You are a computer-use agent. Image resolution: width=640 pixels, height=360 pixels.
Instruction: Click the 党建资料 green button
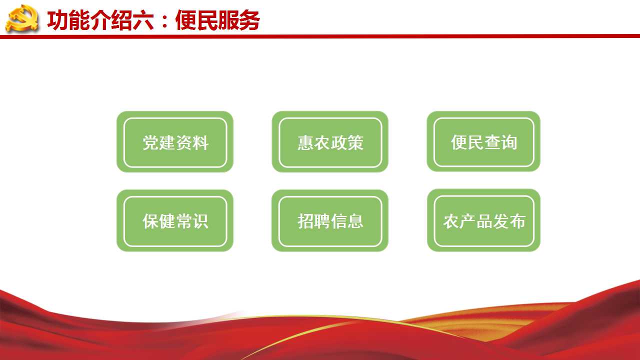175,141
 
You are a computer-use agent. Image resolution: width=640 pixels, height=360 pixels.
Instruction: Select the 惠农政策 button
330,141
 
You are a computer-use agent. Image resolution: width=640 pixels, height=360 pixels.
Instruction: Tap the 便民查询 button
483,141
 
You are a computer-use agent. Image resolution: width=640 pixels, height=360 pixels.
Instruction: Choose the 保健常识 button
175,220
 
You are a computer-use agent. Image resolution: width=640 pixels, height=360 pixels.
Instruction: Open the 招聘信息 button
330,220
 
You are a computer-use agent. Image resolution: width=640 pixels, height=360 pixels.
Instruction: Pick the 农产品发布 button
483,220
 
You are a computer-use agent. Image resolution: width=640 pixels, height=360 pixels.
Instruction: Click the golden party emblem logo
22,18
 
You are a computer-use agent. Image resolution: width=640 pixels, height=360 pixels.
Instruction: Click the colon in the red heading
164,21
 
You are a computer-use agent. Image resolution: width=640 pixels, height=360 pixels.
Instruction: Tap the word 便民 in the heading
196,20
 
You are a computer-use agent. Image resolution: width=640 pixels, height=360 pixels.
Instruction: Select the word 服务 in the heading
238,20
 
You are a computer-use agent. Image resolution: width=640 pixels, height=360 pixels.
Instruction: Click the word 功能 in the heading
68,20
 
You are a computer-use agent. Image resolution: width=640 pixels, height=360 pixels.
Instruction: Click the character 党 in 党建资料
150,142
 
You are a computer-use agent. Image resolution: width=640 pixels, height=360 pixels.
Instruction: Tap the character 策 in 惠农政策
355,142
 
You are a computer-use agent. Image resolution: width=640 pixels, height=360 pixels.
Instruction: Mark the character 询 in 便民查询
508,142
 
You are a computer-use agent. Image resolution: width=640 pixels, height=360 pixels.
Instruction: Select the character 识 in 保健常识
200,221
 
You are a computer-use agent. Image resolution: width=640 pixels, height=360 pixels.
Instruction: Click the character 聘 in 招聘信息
322,221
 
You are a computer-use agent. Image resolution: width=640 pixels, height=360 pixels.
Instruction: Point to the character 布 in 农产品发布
517,221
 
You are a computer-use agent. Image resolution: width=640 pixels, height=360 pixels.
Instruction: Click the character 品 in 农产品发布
484,221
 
